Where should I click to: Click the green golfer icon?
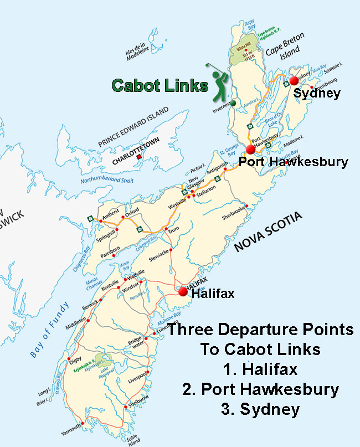click(220, 82)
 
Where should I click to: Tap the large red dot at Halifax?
click(183, 290)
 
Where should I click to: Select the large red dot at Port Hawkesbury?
click(250, 149)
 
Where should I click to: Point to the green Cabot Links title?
click(160, 85)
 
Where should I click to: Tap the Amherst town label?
click(111, 213)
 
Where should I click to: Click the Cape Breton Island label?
click(281, 53)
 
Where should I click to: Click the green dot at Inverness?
click(234, 102)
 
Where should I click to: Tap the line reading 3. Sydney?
click(260, 409)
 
